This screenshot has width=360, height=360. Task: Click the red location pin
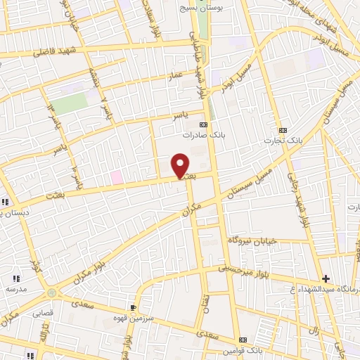click(x=181, y=165)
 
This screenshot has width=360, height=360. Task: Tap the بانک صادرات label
click(x=202, y=134)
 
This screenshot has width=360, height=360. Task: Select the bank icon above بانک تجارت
click(x=283, y=130)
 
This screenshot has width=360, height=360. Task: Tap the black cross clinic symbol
click(x=326, y=278)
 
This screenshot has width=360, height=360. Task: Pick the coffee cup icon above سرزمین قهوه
click(x=132, y=307)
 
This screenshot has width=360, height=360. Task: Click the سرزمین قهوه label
click(x=151, y=317)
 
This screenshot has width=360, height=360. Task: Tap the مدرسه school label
click(x=15, y=289)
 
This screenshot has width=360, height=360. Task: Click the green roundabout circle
click(x=51, y=292)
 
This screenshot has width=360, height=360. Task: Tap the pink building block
click(x=117, y=178)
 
